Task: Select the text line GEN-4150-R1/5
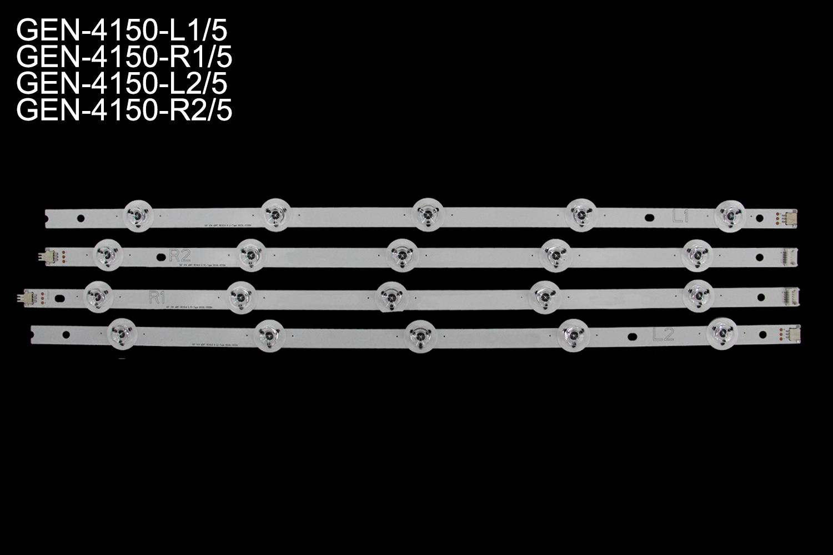(124, 58)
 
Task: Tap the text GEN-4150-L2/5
(122, 84)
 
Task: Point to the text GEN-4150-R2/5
(124, 111)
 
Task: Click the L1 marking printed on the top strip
(680, 217)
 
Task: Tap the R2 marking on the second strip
(179, 255)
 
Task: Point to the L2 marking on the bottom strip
(664, 334)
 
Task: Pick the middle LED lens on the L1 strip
(426, 213)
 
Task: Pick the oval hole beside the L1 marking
(650, 218)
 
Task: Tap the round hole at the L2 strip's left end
(66, 334)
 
